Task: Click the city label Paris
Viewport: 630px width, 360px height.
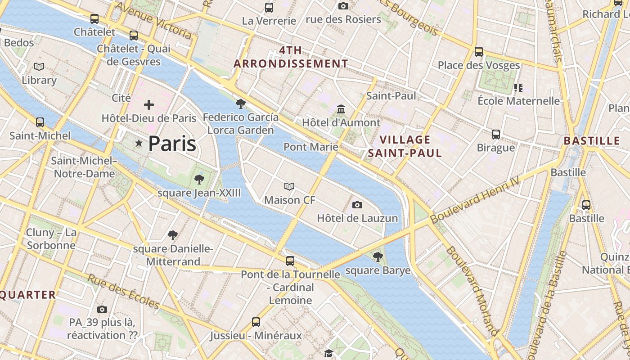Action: (x=172, y=144)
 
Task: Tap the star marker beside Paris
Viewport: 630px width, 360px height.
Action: (x=139, y=143)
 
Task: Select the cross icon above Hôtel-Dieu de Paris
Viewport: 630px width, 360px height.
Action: (x=148, y=105)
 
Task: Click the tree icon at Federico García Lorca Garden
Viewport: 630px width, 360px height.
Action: (x=241, y=104)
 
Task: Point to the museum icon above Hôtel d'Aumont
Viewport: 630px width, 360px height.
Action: (x=341, y=109)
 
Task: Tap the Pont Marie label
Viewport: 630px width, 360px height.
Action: (x=310, y=147)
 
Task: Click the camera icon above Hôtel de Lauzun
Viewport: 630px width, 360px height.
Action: (x=357, y=205)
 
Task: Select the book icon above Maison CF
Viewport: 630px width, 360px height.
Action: (x=289, y=186)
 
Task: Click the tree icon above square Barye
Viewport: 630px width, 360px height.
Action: (x=378, y=257)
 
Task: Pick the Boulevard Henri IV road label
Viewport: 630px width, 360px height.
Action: (x=475, y=199)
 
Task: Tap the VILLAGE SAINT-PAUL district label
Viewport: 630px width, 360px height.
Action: (x=405, y=146)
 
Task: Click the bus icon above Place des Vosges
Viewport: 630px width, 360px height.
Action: (x=479, y=52)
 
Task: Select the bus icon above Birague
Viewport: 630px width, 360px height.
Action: (x=496, y=134)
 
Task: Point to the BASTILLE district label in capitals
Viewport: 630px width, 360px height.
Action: (x=592, y=141)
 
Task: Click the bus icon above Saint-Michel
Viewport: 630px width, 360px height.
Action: (x=40, y=122)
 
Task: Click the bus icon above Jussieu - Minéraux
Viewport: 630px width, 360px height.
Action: (x=256, y=322)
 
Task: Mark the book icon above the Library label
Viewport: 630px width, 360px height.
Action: (x=39, y=67)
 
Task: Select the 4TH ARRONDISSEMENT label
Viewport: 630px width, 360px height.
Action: (x=291, y=57)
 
